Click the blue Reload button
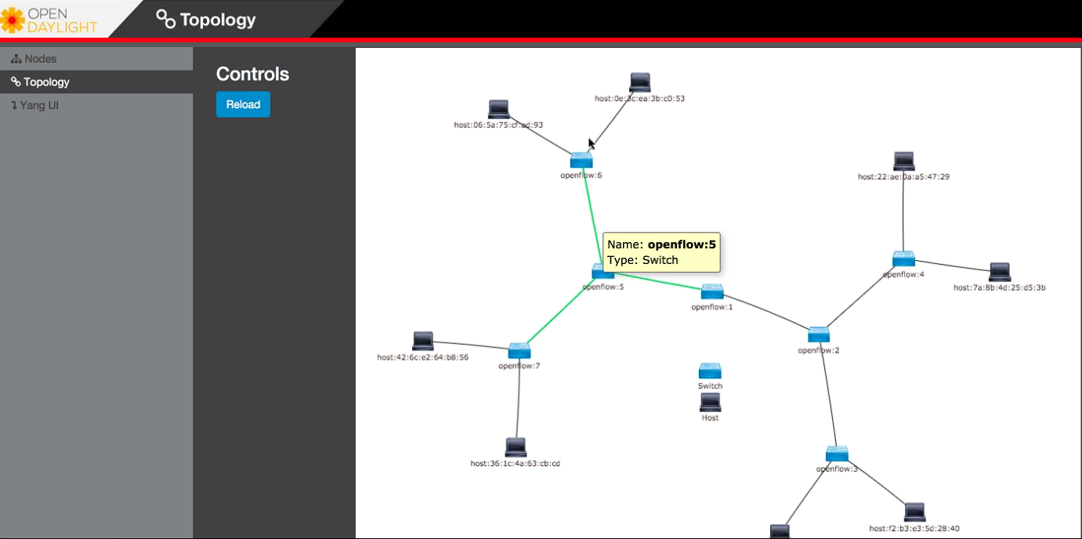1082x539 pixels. pyautogui.click(x=243, y=104)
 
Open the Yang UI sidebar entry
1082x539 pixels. pyautogui.click(x=39, y=105)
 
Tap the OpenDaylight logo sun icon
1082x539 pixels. pyautogui.click(x=13, y=19)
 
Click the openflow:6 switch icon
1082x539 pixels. pyautogui.click(x=581, y=161)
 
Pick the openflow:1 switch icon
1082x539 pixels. pyautogui.click(x=712, y=292)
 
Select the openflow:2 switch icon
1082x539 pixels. pyautogui.click(x=819, y=335)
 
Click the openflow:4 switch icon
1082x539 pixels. pyautogui.click(x=903, y=259)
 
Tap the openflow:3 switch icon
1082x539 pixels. pyautogui.click(x=837, y=454)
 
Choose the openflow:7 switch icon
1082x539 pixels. pyautogui.click(x=519, y=350)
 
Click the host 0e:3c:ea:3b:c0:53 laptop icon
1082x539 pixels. pyautogui.click(x=640, y=82)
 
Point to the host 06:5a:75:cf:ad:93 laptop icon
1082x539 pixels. pyautogui.click(x=498, y=110)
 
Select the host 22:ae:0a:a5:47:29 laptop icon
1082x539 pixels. pyautogui.click(x=903, y=161)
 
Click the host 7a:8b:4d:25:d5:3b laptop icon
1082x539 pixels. pyautogui.click(x=1000, y=272)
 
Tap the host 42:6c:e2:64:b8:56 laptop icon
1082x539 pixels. pyautogui.click(x=423, y=341)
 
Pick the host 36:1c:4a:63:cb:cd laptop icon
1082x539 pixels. pyautogui.click(x=516, y=447)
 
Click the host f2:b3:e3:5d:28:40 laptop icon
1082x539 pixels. pyautogui.click(x=914, y=512)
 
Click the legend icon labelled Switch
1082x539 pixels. pyautogui.click(x=710, y=371)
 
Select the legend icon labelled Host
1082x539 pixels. pyautogui.click(x=710, y=403)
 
